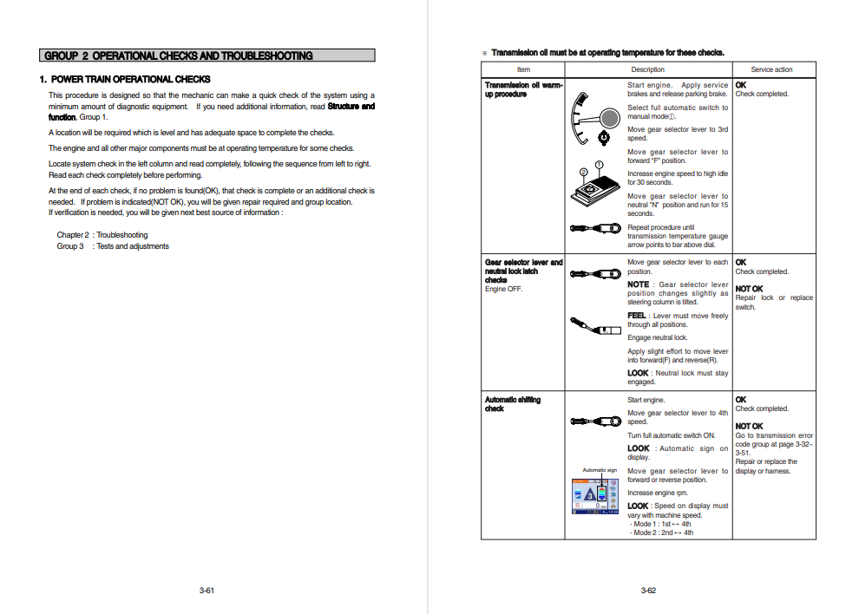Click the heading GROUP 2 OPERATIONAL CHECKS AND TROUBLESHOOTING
click(x=179, y=56)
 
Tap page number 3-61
click(x=207, y=591)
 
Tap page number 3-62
click(x=648, y=591)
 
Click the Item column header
click(x=523, y=69)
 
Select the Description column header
click(x=647, y=69)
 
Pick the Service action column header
click(x=771, y=69)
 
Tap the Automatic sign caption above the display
click(x=600, y=470)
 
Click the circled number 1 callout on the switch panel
click(x=599, y=164)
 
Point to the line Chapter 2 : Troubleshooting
click(x=102, y=235)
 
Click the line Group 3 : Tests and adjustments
click(x=113, y=246)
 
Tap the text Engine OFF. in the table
click(x=503, y=289)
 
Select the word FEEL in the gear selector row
click(x=637, y=316)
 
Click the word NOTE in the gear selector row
click(x=638, y=284)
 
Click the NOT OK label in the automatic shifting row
click(x=749, y=426)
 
